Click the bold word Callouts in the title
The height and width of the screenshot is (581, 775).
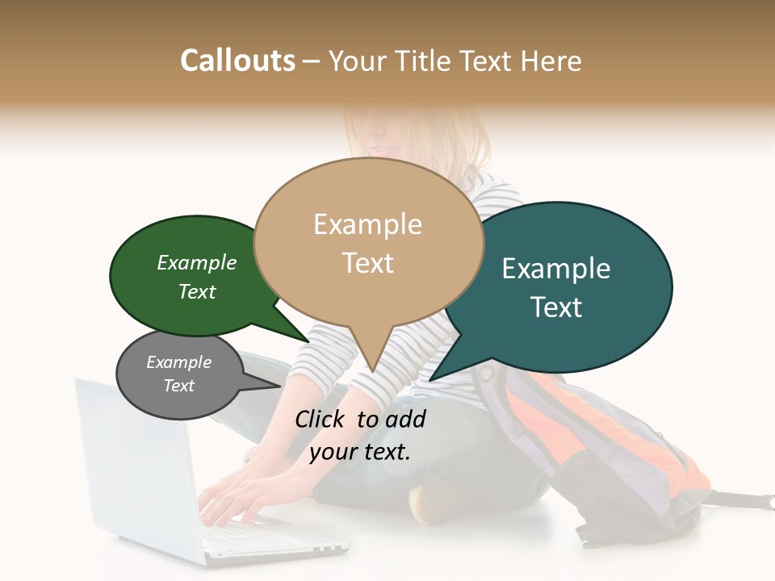tap(237, 61)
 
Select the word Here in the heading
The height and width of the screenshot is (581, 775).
tap(552, 61)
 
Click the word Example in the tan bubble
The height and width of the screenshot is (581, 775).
tap(367, 224)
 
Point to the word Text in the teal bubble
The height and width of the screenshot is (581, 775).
tap(556, 307)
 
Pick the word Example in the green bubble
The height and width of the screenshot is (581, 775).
tap(197, 262)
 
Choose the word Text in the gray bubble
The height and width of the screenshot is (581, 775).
tap(178, 386)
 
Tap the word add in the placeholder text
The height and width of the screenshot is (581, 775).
tap(405, 419)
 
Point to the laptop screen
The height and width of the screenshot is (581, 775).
tap(137, 468)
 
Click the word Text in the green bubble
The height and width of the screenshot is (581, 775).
tap(197, 291)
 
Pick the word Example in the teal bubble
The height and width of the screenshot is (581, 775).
tap(556, 269)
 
